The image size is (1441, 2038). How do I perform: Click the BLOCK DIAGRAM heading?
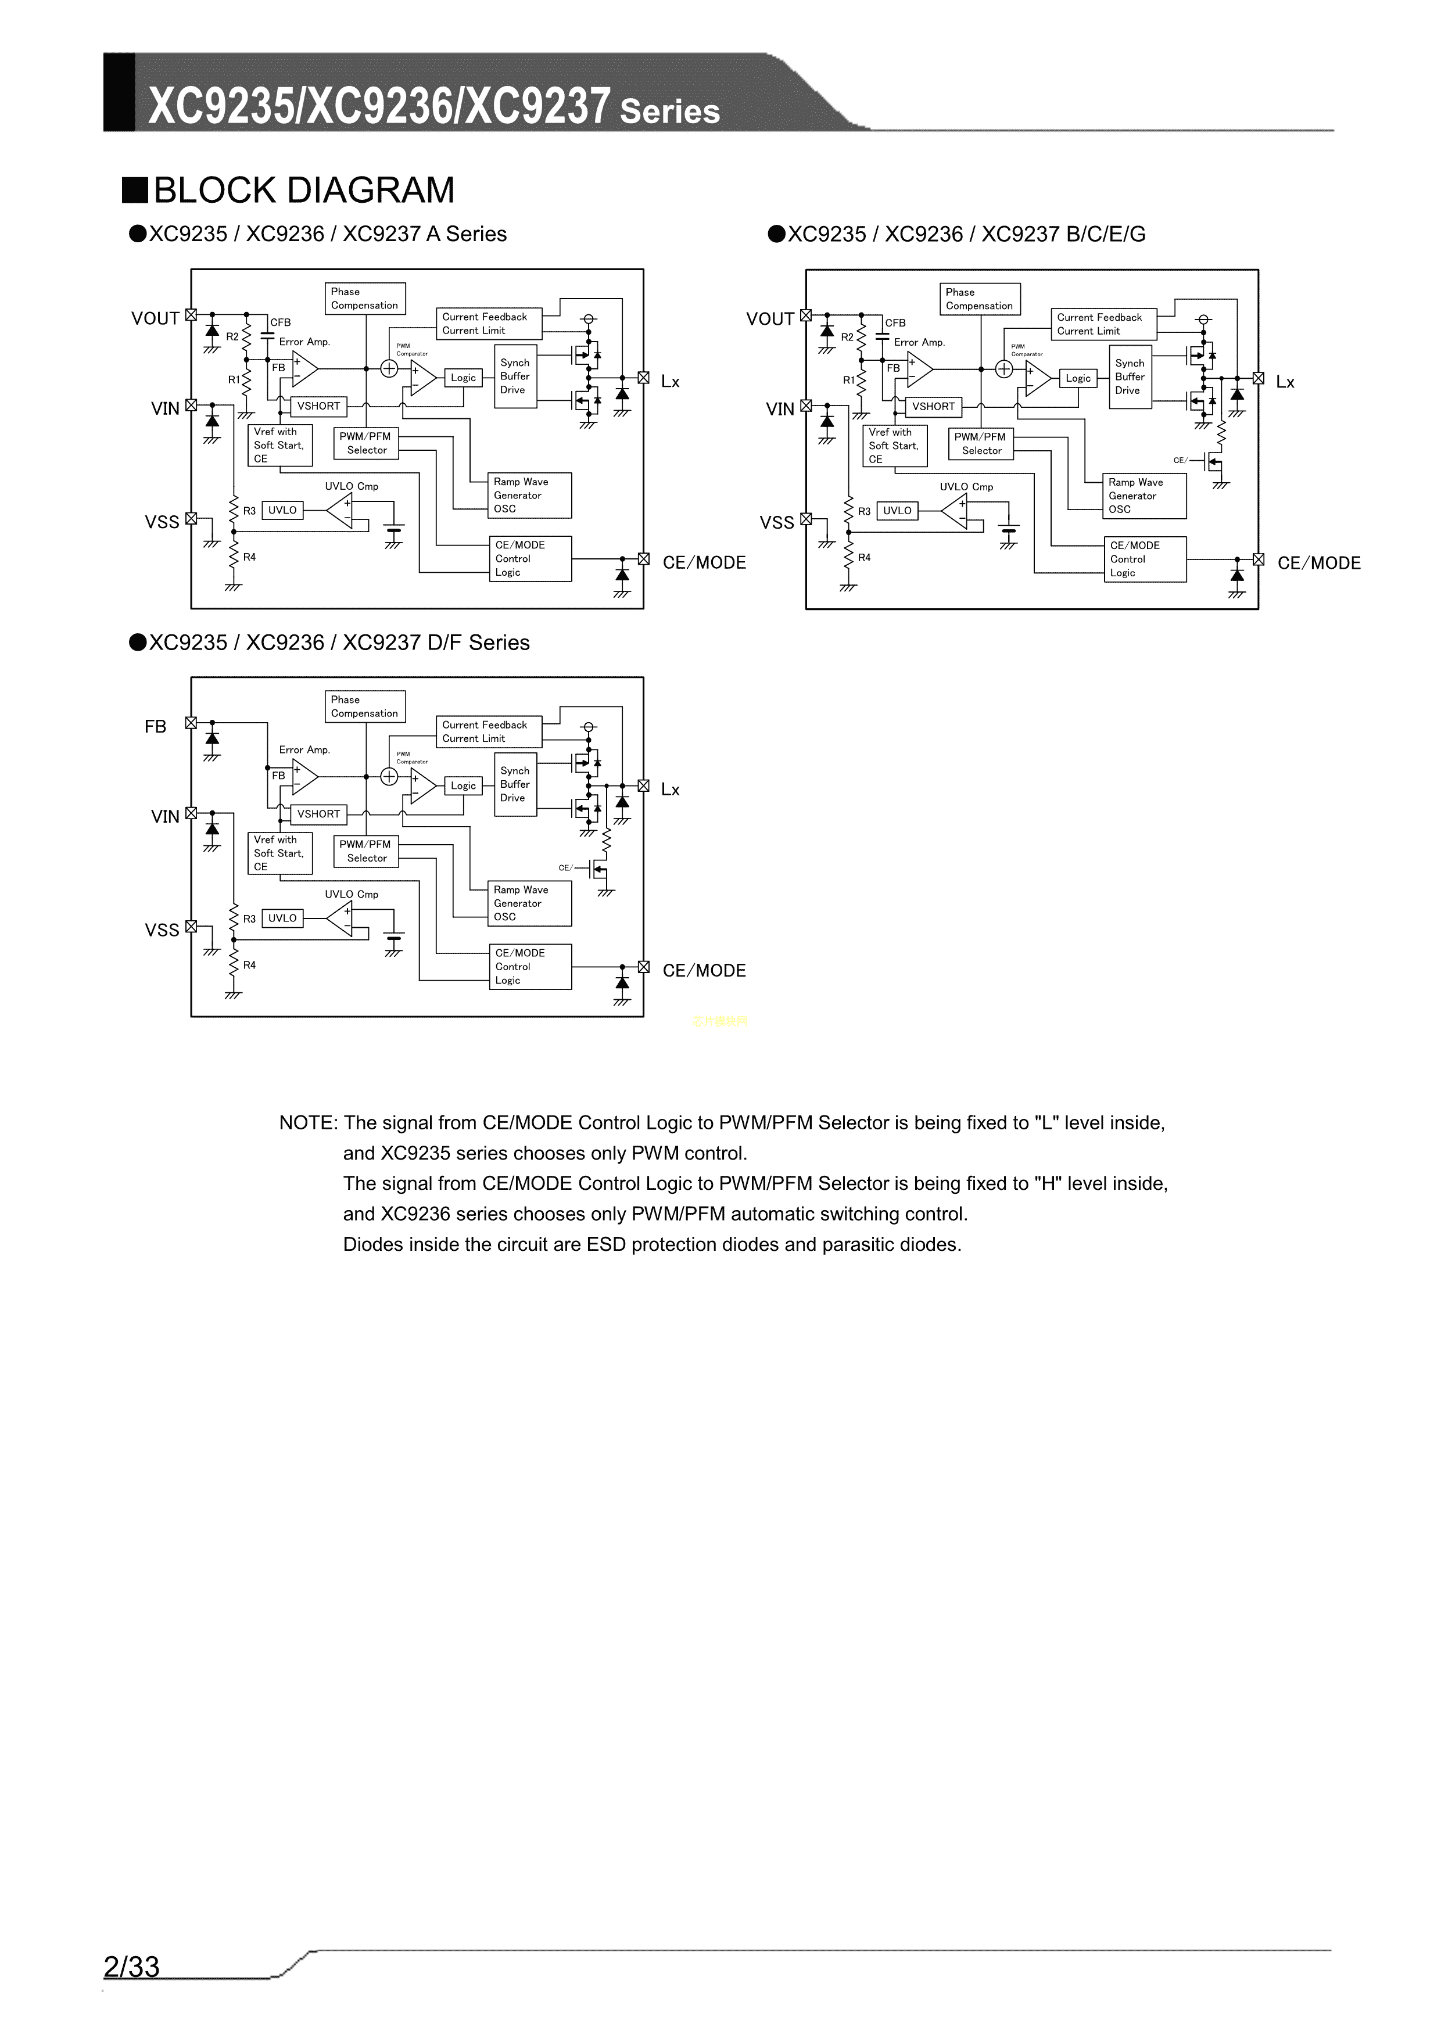point(304,190)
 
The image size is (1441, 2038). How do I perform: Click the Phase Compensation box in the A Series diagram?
point(365,298)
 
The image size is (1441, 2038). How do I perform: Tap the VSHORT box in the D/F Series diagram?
point(319,814)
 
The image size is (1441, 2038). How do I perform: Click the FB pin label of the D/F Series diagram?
point(155,727)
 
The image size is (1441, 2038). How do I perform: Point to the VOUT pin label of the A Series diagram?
point(155,319)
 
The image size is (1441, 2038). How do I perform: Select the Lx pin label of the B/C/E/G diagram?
point(1285,383)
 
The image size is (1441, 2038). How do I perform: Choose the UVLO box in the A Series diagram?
point(282,511)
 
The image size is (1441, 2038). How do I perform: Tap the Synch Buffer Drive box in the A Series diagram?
point(515,376)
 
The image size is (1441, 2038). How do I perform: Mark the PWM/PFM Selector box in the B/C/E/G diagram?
point(980,444)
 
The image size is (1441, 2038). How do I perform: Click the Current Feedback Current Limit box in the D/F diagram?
point(488,731)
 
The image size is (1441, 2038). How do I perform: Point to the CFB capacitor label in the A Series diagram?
point(281,322)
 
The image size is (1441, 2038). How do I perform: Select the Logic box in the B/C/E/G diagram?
point(1078,378)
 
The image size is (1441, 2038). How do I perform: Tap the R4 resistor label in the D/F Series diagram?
point(249,965)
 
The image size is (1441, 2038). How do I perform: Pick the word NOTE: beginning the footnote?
point(308,1123)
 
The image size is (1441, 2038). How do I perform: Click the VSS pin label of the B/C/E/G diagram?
point(777,523)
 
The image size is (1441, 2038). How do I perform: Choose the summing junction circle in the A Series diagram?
point(389,368)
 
